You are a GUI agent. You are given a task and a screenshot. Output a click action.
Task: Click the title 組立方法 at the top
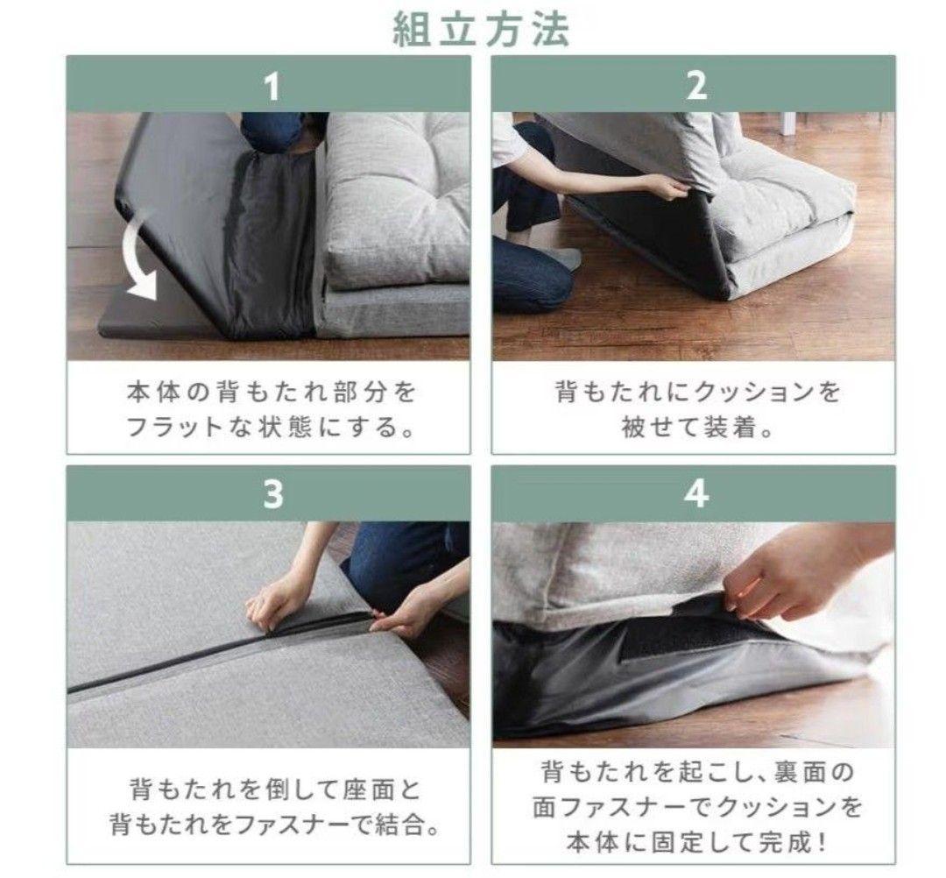coord(481,30)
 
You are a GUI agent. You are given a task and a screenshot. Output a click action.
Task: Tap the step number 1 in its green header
coord(272,87)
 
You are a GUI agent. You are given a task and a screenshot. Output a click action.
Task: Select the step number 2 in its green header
coord(697,87)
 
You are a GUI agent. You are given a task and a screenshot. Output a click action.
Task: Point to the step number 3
coord(272,495)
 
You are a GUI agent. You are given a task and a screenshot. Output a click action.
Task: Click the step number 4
coord(697,495)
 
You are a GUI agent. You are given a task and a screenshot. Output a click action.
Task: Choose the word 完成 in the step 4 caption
coord(784,842)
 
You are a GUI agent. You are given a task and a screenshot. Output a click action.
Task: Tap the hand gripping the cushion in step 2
coord(667,186)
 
